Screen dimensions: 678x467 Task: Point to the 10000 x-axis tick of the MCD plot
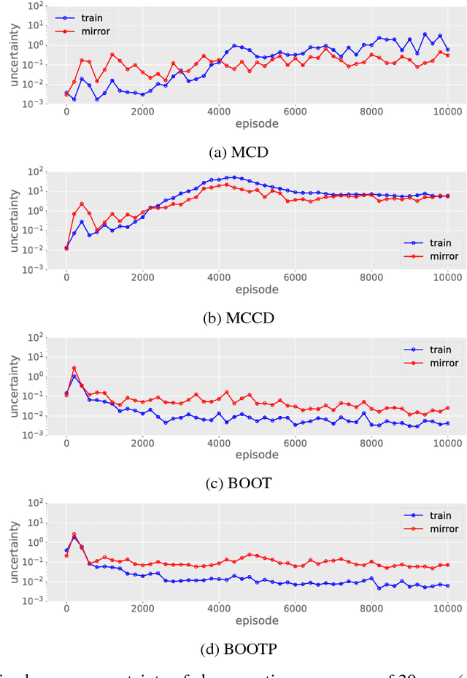[447, 112]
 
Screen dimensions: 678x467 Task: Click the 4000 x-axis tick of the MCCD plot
[219, 277]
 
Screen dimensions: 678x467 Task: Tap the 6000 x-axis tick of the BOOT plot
[295, 443]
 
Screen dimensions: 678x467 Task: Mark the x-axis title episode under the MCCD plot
[257, 290]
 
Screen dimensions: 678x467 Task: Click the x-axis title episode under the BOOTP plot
[257, 621]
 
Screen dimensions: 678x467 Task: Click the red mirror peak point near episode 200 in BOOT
[74, 369]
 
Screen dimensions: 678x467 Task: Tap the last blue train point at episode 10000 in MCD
[447, 50]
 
